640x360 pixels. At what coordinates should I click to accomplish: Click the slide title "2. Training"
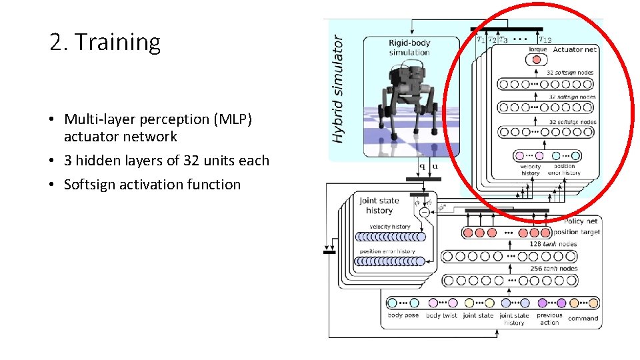pyautogui.click(x=105, y=43)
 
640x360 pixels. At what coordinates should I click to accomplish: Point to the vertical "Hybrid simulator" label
pyautogui.click(x=339, y=88)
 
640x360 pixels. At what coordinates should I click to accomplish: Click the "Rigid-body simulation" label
pyautogui.click(x=409, y=48)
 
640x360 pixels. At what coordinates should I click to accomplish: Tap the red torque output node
pyautogui.click(x=536, y=60)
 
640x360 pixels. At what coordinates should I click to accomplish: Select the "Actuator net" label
pyautogui.click(x=575, y=49)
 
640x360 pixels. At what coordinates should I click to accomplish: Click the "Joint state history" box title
pyautogui.click(x=379, y=205)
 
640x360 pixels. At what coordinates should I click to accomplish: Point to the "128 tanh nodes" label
pyautogui.click(x=553, y=244)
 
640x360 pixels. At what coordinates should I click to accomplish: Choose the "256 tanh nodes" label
pyautogui.click(x=553, y=269)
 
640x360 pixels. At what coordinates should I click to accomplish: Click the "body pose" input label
pyautogui.click(x=403, y=315)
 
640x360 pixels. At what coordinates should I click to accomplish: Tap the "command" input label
pyautogui.click(x=583, y=318)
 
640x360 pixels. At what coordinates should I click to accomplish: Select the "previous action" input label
pyautogui.click(x=549, y=319)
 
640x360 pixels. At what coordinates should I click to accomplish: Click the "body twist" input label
pyautogui.click(x=442, y=315)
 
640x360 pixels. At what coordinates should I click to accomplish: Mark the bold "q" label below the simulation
pyautogui.click(x=421, y=167)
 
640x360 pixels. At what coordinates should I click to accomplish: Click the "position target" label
pyautogui.click(x=577, y=232)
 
